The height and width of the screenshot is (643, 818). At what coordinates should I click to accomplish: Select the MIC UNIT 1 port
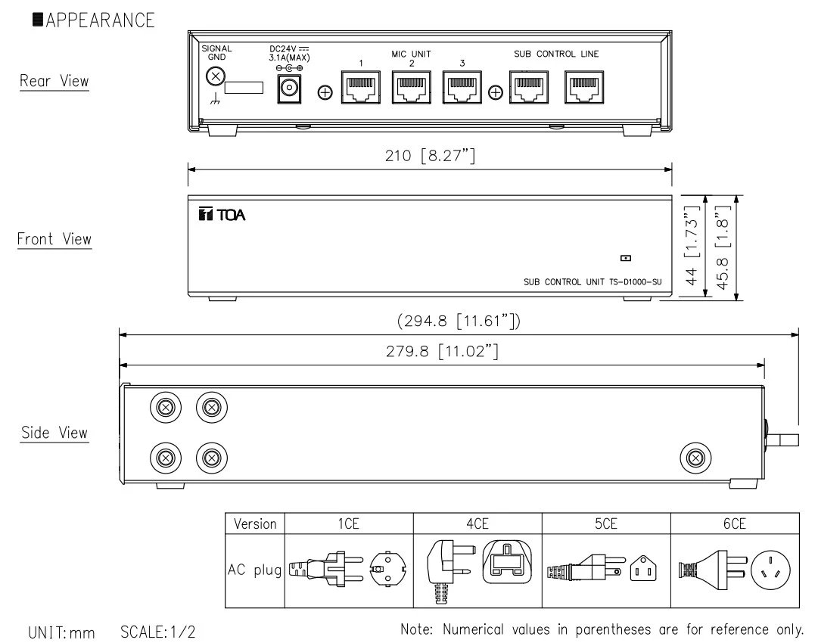click(361, 89)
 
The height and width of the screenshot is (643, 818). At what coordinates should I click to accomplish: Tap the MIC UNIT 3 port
click(462, 89)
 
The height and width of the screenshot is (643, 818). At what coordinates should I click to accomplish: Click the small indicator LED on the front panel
click(625, 258)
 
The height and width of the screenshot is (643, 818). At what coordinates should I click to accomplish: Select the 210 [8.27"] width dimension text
click(428, 157)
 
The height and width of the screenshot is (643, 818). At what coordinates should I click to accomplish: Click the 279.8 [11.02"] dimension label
click(441, 352)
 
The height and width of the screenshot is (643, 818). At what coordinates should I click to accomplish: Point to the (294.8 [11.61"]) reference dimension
click(459, 322)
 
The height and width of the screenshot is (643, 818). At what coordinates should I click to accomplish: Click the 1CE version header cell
click(347, 523)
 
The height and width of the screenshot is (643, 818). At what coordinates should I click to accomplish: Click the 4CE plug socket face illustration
click(506, 564)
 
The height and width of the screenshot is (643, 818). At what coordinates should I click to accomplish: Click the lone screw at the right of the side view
click(694, 456)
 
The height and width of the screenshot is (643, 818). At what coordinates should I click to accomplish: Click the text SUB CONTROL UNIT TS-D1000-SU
click(593, 282)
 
